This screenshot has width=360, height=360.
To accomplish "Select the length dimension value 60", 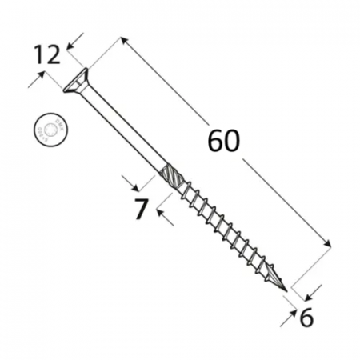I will pyautogui.click(x=223, y=141).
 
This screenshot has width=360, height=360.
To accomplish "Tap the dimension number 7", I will pyautogui.click(x=141, y=209).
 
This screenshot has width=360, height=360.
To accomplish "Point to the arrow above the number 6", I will pyautogui.click(x=317, y=289).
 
